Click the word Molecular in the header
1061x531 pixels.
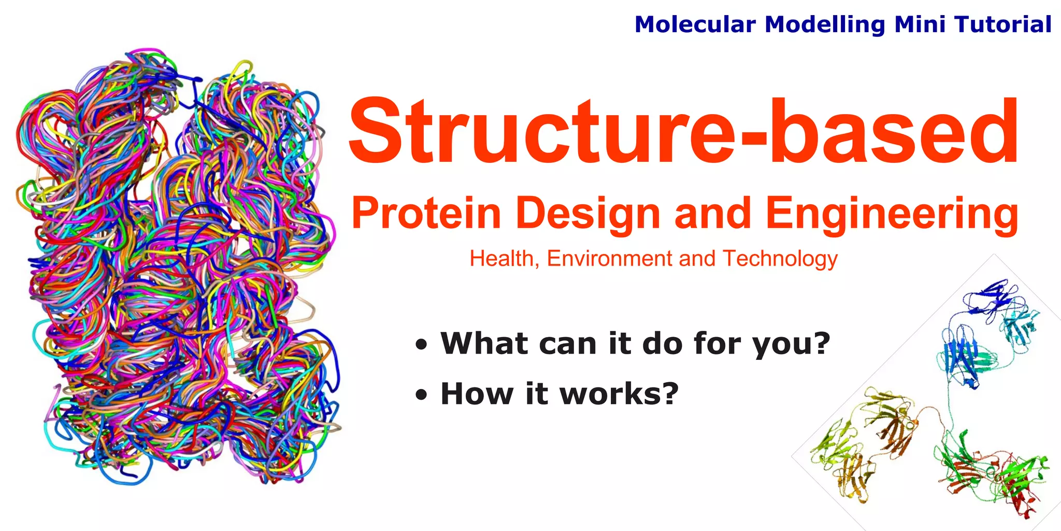tap(695, 24)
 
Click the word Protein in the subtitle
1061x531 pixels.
tap(426, 213)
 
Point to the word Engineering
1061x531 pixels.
tap(892, 214)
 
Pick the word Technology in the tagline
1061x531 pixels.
tap(780, 259)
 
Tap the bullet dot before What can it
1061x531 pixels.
tap(422, 345)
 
